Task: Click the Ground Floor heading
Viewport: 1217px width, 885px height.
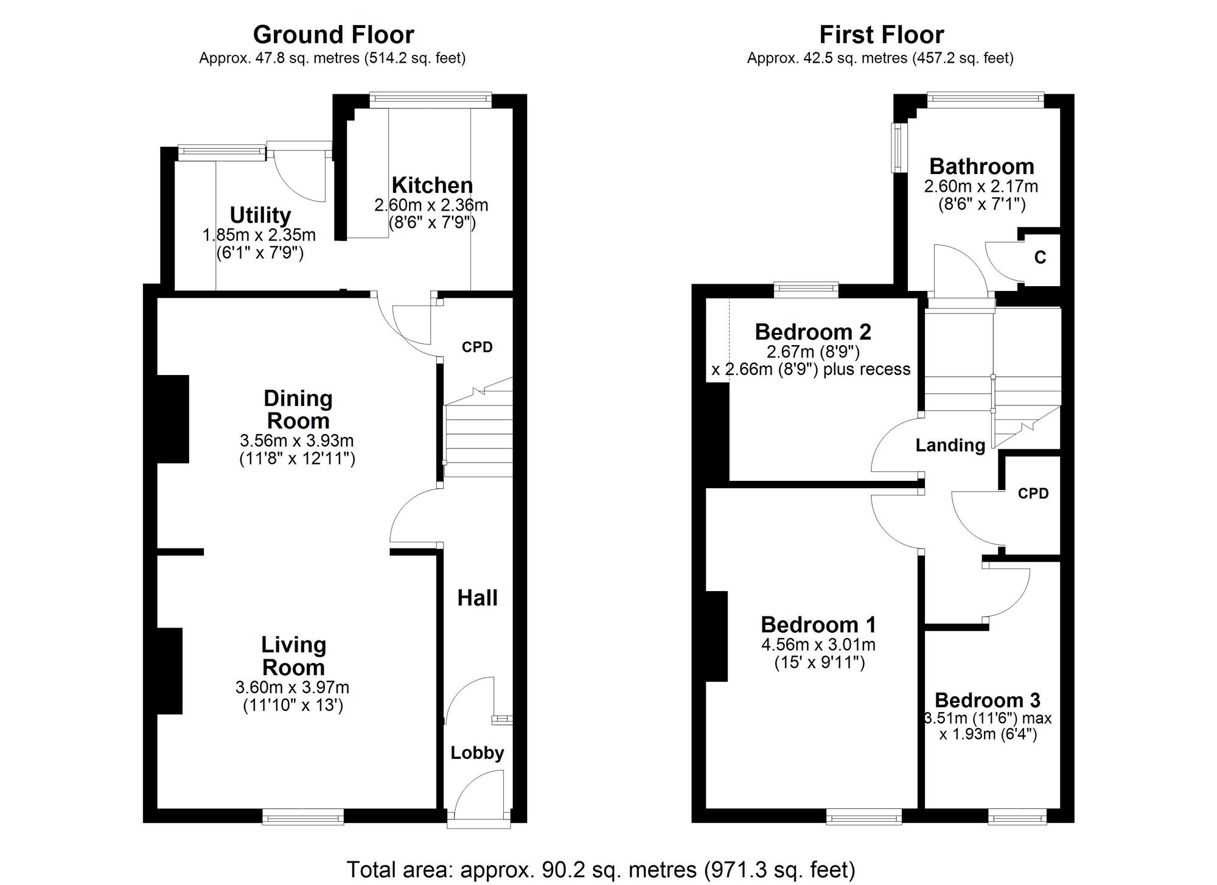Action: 333,35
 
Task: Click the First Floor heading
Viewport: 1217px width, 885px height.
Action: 881,35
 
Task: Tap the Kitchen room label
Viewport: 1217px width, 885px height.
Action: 432,185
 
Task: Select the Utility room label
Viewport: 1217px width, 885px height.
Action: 260,215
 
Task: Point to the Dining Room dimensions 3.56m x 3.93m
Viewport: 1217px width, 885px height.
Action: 297,441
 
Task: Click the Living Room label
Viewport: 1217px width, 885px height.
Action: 293,656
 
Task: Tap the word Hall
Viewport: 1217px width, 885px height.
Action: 478,598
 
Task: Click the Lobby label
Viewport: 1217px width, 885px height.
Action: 477,753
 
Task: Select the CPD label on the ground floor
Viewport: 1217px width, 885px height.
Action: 477,347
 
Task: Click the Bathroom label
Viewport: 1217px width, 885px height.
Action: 982,166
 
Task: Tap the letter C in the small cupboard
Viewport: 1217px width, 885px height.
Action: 1040,258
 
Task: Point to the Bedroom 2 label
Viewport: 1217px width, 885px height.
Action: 813,332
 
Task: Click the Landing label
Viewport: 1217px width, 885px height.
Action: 950,446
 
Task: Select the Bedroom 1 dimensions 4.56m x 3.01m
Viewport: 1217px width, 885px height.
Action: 818,645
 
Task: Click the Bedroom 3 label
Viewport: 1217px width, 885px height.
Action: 987,700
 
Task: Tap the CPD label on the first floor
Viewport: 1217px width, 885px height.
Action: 1033,494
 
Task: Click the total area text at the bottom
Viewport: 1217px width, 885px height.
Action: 601,870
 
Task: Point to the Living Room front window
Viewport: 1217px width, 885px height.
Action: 303,817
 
